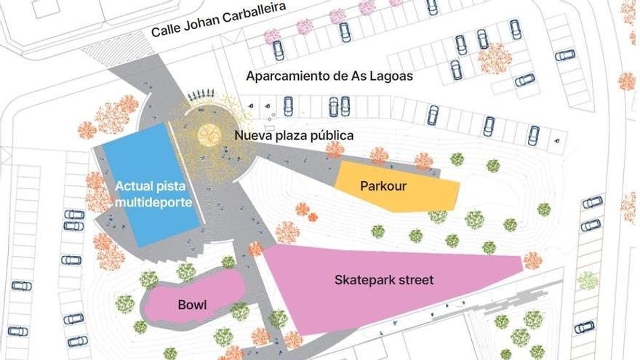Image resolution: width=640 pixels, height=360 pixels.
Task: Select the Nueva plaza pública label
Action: pyautogui.click(x=294, y=135)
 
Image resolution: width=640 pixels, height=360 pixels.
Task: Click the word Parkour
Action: pyautogui.click(x=383, y=186)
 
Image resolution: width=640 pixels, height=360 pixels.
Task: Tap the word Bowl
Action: pyautogui.click(x=192, y=305)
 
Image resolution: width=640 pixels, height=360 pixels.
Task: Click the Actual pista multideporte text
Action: pyautogui.click(x=153, y=194)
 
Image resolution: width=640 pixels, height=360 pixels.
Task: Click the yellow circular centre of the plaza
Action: pyautogui.click(x=209, y=134)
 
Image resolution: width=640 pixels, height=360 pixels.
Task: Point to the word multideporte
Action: pyautogui.click(x=153, y=203)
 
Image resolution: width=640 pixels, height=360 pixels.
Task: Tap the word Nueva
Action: pyautogui.click(x=251, y=135)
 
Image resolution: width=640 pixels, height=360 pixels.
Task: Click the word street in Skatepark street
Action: pyautogui.click(x=415, y=279)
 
